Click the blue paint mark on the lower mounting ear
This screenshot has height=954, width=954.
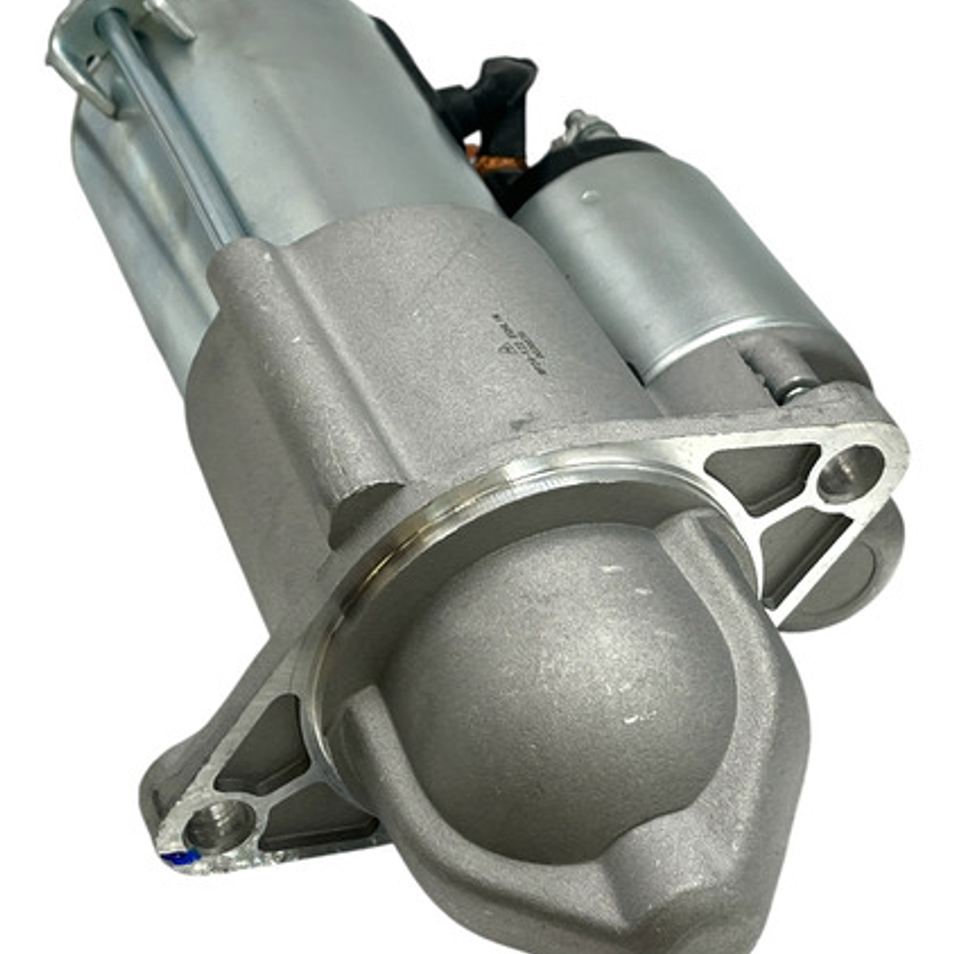point(178,857)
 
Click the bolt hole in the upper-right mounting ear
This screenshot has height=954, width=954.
point(850,473)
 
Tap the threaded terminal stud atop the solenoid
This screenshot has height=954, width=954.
point(584,124)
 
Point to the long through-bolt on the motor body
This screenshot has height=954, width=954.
point(168,133)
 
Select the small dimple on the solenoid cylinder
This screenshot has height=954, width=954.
point(589,196)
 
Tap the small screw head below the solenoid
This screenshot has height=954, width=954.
point(794,386)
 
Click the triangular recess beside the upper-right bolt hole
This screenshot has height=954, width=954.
point(760,473)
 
